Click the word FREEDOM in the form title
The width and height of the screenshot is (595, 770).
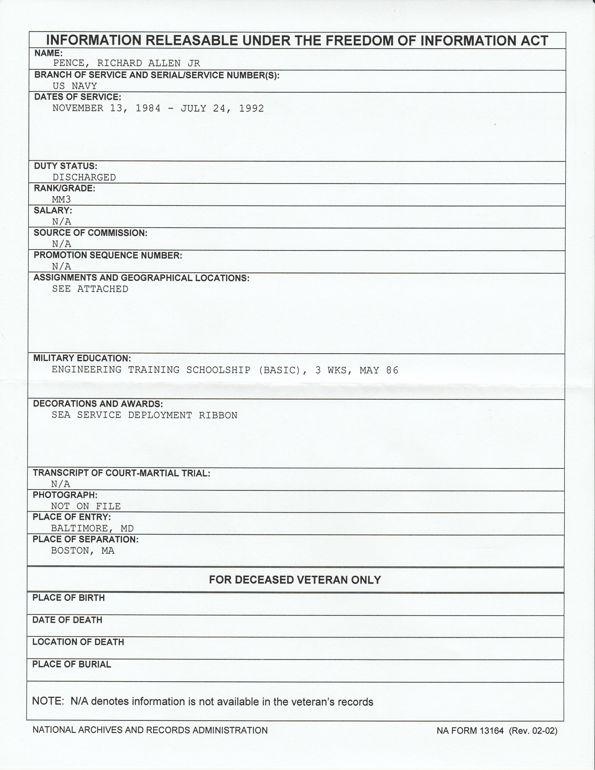click(358, 41)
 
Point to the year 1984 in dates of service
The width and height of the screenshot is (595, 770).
click(148, 108)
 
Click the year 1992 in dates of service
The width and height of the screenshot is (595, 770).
click(251, 108)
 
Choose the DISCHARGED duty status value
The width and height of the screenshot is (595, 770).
click(84, 177)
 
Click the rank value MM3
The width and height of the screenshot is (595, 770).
click(61, 199)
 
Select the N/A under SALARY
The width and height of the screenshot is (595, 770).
click(61, 221)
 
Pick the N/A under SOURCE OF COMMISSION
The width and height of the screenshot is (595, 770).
click(61, 244)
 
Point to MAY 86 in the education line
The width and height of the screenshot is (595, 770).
click(379, 370)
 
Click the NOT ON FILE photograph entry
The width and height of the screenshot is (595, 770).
click(86, 506)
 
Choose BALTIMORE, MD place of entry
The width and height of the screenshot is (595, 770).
click(92, 528)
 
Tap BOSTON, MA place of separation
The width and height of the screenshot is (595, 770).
click(83, 550)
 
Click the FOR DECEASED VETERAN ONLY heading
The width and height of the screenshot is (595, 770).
click(295, 580)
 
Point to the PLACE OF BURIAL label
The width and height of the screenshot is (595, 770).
click(72, 665)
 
